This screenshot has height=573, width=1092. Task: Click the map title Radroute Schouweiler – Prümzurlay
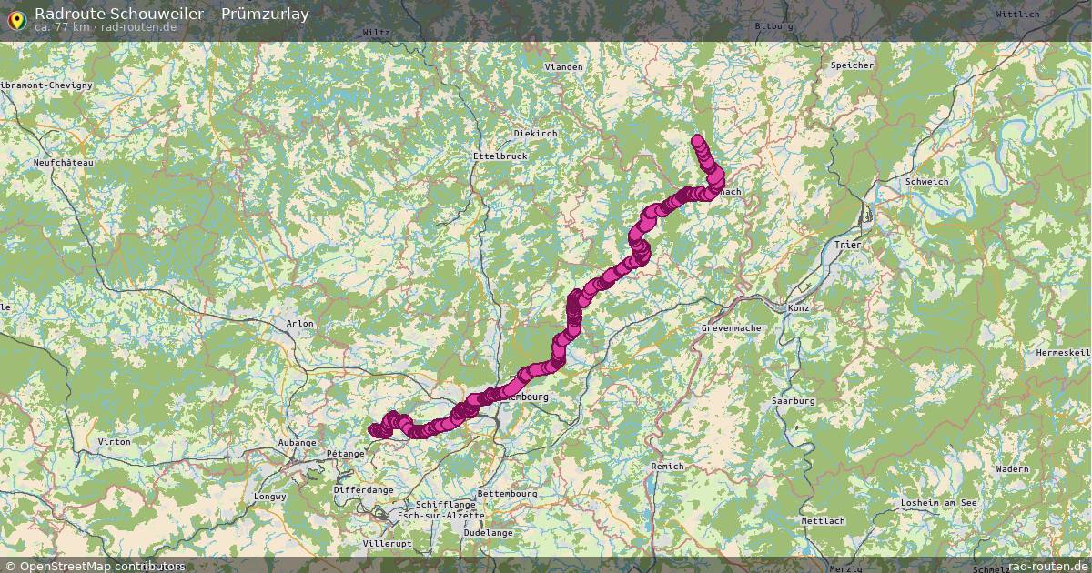pyautogui.click(x=172, y=14)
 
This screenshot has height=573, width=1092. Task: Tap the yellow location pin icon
pyautogui.click(x=16, y=18)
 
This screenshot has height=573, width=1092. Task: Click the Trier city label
pyautogui.click(x=847, y=246)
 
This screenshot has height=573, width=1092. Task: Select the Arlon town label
pyautogui.click(x=299, y=324)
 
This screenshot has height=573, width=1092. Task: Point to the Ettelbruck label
pyautogui.click(x=500, y=156)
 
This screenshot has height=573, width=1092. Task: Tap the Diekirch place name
pyautogui.click(x=535, y=134)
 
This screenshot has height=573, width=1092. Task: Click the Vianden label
pyautogui.click(x=563, y=67)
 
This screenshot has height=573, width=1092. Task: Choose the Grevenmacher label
pyautogui.click(x=736, y=327)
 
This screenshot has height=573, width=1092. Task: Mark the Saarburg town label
pyautogui.click(x=793, y=401)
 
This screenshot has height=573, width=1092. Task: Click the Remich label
pyautogui.click(x=667, y=467)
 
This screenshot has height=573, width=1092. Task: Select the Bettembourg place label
pyautogui.click(x=508, y=494)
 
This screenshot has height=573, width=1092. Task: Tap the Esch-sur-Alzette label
pyautogui.click(x=435, y=515)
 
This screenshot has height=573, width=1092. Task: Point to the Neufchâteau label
pyautogui.click(x=63, y=163)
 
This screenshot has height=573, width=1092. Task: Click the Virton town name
pyautogui.click(x=114, y=442)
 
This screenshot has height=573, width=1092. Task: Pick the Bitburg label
pyautogui.click(x=773, y=26)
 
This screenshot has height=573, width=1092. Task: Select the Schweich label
pyautogui.click(x=926, y=182)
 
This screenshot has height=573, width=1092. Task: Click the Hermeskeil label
pyautogui.click(x=1062, y=352)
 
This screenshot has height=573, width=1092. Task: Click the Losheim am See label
pyautogui.click(x=937, y=503)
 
